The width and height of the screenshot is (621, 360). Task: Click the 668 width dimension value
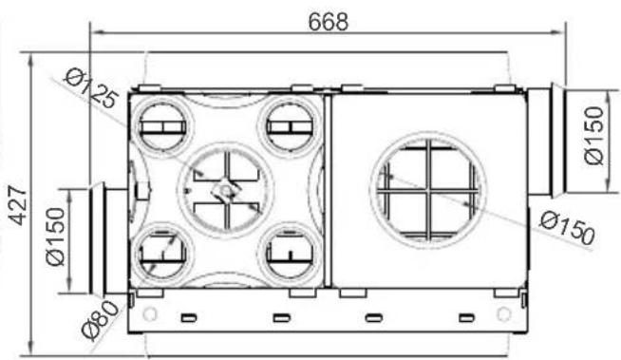click(328, 21)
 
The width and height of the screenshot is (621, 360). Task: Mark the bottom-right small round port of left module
click(288, 251)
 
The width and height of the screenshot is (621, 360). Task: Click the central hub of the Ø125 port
click(224, 188)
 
